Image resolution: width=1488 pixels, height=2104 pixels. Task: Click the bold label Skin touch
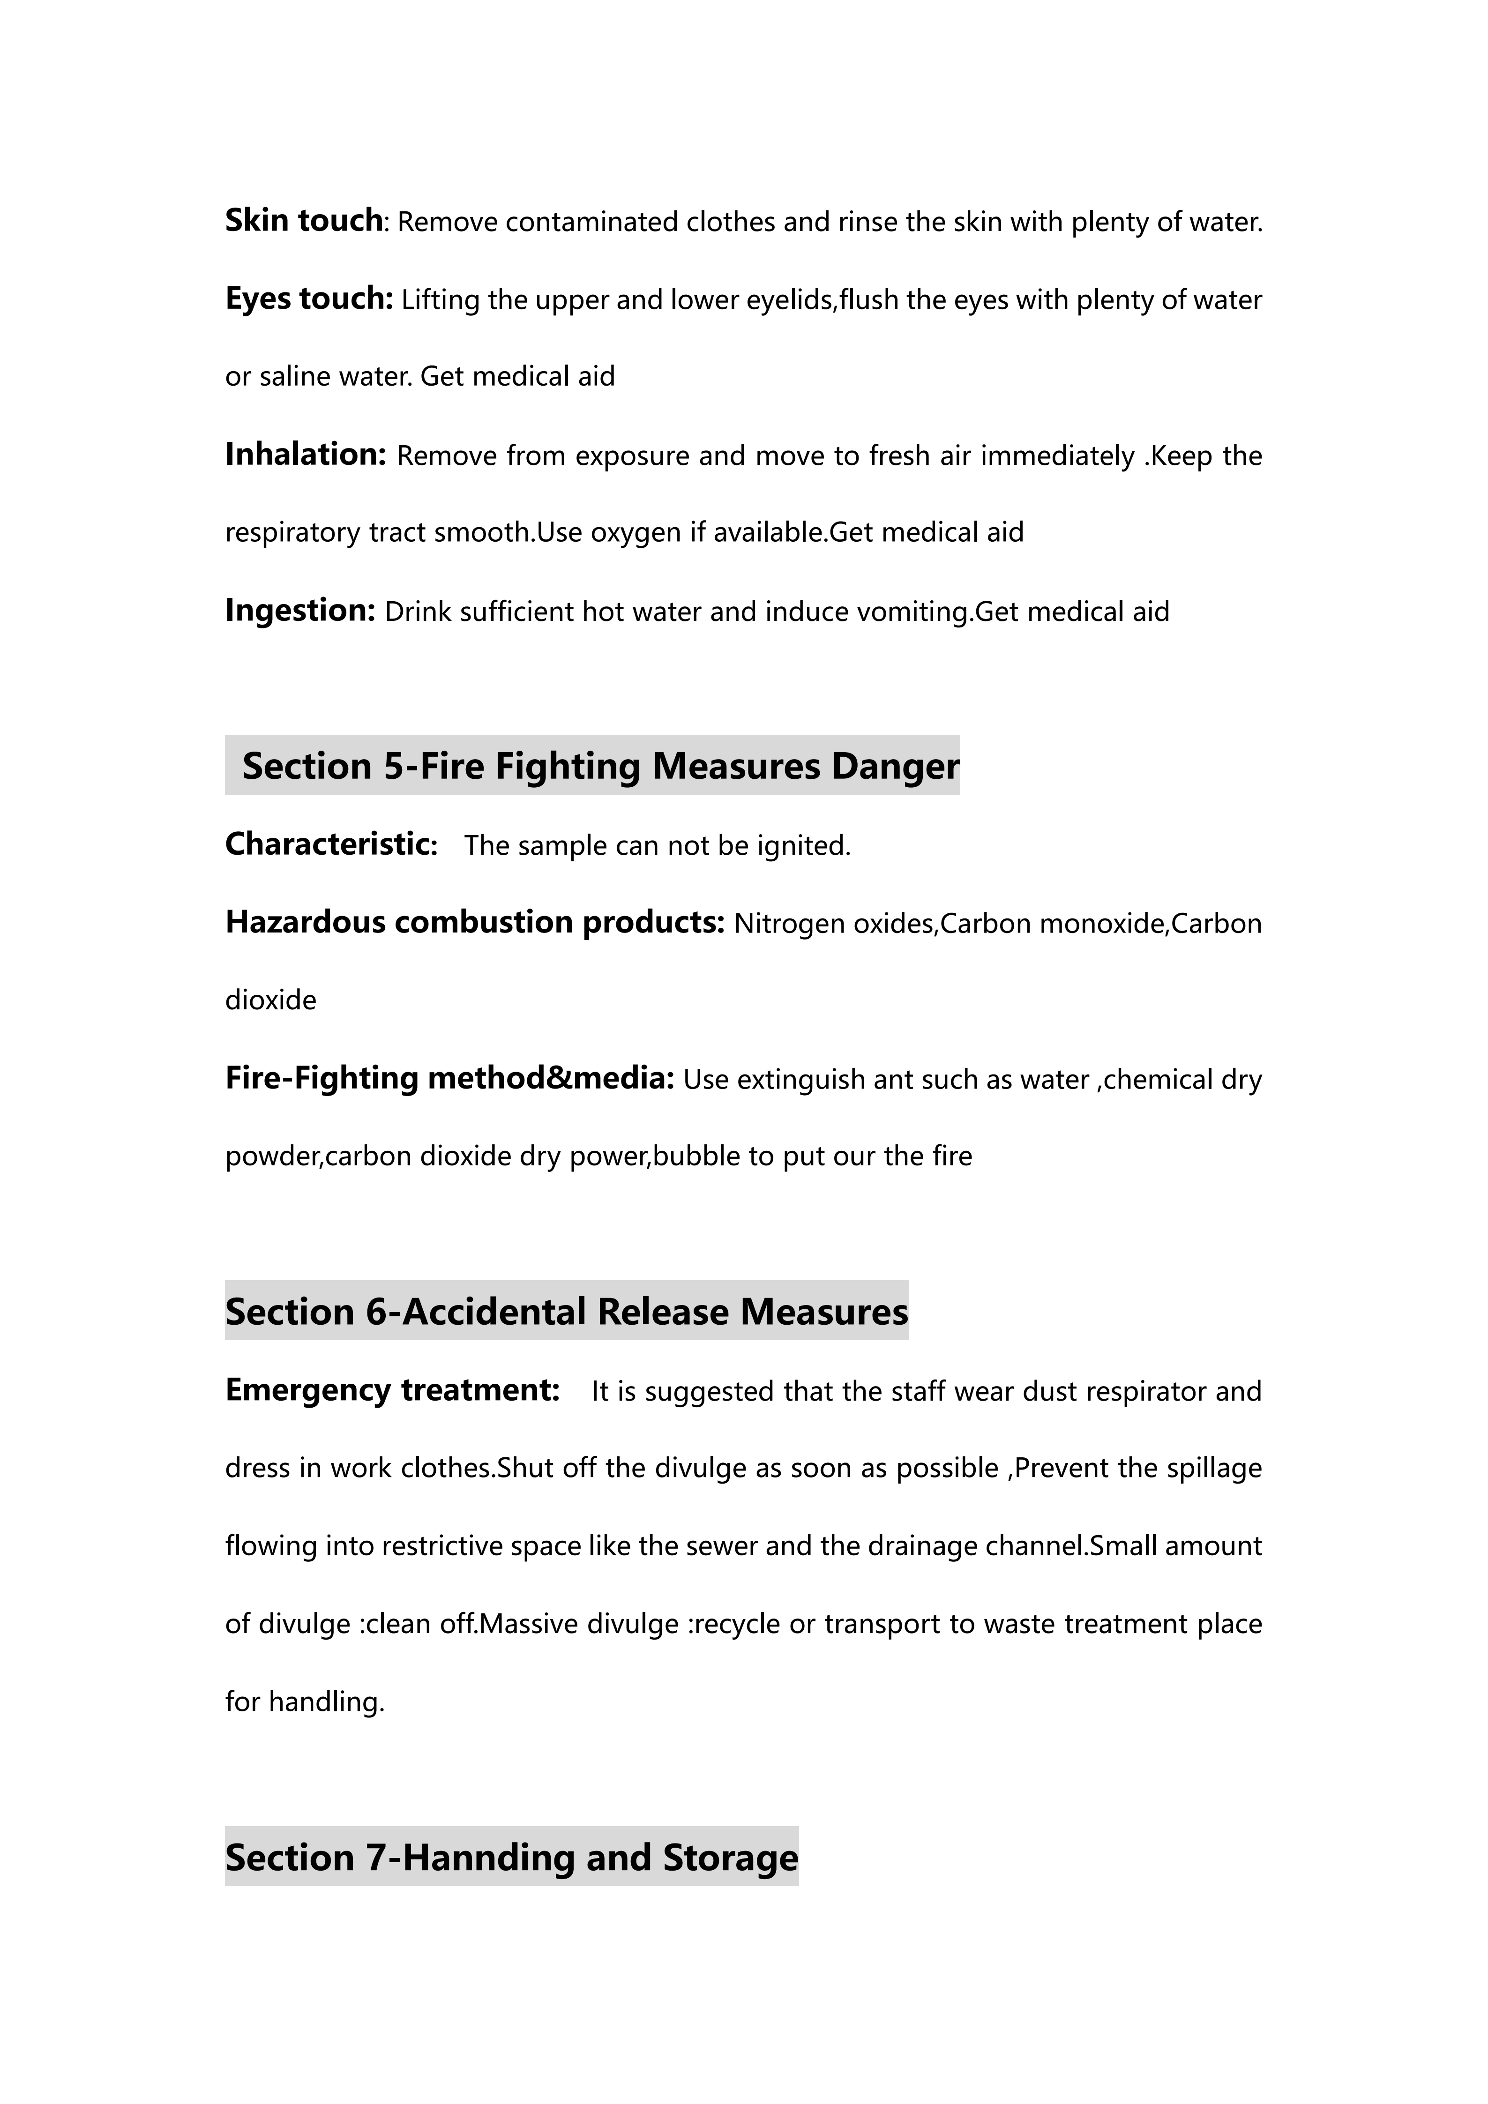303,221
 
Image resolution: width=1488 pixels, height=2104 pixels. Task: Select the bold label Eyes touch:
309,299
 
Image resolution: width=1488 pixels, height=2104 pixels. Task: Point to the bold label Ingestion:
300,610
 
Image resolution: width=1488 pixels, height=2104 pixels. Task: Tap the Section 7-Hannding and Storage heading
511,1858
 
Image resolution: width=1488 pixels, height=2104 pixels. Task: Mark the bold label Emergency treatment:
392,1390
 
